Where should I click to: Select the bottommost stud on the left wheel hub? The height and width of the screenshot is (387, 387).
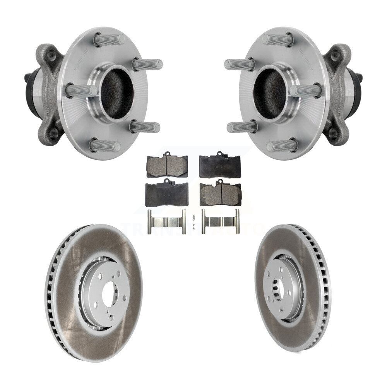click(105, 146)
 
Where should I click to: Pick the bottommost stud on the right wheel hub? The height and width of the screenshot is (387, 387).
click(282, 146)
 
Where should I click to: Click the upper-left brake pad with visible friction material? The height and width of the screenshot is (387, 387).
click(167, 165)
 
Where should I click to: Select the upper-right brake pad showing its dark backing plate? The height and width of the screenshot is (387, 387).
click(219, 165)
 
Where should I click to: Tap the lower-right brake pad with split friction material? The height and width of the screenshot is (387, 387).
click(220, 193)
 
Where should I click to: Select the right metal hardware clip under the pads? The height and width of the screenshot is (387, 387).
click(220, 222)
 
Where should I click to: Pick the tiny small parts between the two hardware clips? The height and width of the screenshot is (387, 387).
click(193, 224)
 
